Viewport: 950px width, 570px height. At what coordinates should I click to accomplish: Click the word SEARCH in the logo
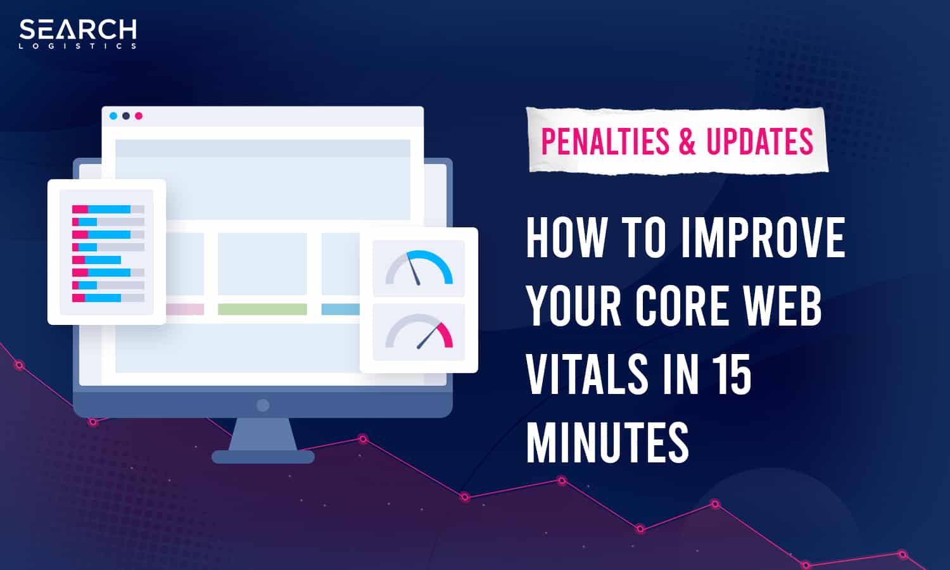(78, 30)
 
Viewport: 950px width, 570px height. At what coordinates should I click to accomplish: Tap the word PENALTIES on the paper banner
(605, 141)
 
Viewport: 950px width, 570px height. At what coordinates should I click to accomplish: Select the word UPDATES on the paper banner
(759, 141)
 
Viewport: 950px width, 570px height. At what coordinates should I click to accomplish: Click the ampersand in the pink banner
(687, 141)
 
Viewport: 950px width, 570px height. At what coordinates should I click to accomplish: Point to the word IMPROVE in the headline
(763, 237)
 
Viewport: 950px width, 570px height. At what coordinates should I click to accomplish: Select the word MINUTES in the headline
(607, 442)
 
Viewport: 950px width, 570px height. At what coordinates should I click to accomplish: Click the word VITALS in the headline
(587, 374)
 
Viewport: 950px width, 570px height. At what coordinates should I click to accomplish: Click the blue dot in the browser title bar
(113, 116)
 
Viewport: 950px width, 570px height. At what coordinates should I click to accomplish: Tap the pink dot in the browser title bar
(139, 116)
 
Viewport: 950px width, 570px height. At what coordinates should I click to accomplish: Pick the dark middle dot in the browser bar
(126, 116)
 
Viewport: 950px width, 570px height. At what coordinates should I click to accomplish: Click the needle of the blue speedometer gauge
(413, 269)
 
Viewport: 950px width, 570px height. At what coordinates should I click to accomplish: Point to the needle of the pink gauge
(429, 336)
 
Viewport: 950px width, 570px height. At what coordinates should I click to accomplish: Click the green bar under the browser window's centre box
(262, 309)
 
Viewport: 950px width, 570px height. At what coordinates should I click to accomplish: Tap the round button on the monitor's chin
(263, 405)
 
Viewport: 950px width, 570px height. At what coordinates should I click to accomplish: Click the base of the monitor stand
(263, 457)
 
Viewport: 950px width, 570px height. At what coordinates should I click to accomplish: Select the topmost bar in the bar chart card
(108, 209)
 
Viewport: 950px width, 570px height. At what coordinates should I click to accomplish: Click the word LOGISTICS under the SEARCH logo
(78, 46)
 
